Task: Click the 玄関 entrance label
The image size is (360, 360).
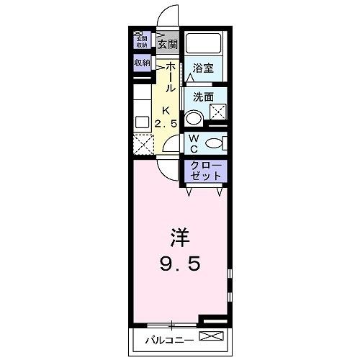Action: click(x=168, y=43)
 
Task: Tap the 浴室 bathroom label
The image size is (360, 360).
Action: click(x=204, y=69)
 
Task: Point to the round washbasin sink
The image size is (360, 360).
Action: click(x=193, y=118)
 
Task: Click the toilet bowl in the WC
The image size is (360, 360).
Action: click(x=213, y=143)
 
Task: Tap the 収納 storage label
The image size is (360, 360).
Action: click(x=141, y=63)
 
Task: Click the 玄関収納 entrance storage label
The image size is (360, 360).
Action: click(x=140, y=41)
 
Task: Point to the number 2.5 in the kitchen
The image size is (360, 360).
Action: click(x=166, y=124)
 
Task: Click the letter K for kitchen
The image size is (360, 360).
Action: click(x=166, y=110)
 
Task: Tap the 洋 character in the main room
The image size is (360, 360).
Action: click(x=180, y=238)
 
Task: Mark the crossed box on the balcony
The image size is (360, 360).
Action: click(x=208, y=337)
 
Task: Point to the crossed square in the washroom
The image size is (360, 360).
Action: click(x=218, y=112)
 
